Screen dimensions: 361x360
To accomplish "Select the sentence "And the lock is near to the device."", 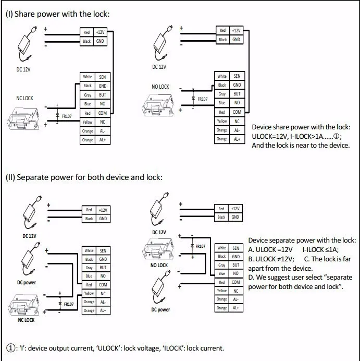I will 301,145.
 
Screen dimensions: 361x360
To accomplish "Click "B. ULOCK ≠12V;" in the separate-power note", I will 271,258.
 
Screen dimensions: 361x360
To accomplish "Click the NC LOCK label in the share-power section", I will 21,98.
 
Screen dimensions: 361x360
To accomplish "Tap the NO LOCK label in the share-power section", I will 160,87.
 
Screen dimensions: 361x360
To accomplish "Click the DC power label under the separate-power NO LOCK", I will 160,309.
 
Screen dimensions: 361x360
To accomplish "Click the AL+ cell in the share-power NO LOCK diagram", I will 237,139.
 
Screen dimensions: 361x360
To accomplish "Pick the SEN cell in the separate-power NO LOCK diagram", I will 235,248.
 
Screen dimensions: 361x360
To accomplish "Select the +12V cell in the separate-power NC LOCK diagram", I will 103,210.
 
